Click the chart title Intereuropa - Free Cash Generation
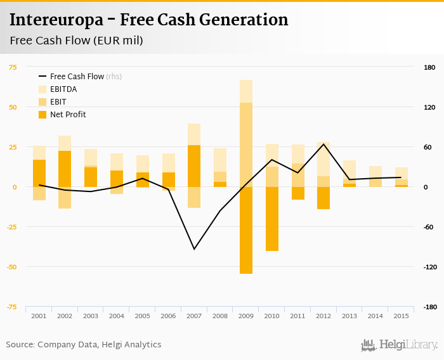[x=148, y=20]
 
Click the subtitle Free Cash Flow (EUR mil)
[x=76, y=41]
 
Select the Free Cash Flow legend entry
[x=76, y=77]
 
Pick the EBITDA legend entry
[x=63, y=89]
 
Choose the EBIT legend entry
[x=58, y=102]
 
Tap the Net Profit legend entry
[x=67, y=115]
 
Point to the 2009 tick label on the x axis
[x=246, y=316]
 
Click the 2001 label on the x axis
[x=39, y=316]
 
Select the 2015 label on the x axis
[x=400, y=316]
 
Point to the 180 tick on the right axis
[x=429, y=67]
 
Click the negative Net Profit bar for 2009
[x=246, y=230]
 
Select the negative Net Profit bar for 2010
[x=272, y=219]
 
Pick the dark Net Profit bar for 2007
[x=194, y=165]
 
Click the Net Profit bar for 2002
[x=65, y=169]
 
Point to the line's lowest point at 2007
[x=194, y=249]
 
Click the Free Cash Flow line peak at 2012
[x=323, y=144]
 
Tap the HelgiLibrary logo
[x=399, y=345]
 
